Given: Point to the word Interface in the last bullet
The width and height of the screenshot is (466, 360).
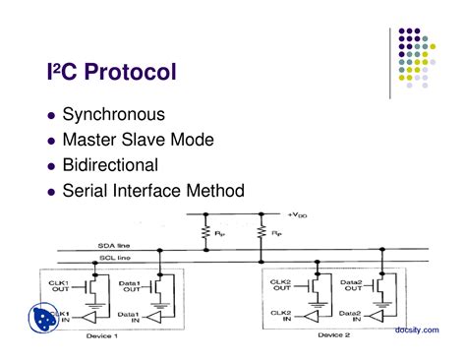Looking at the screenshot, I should click(177, 191).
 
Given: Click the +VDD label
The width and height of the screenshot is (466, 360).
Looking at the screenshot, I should click(300, 214).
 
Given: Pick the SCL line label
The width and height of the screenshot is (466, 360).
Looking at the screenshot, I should click(113, 258).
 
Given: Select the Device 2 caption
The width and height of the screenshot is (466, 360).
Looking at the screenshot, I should click(334, 335).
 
